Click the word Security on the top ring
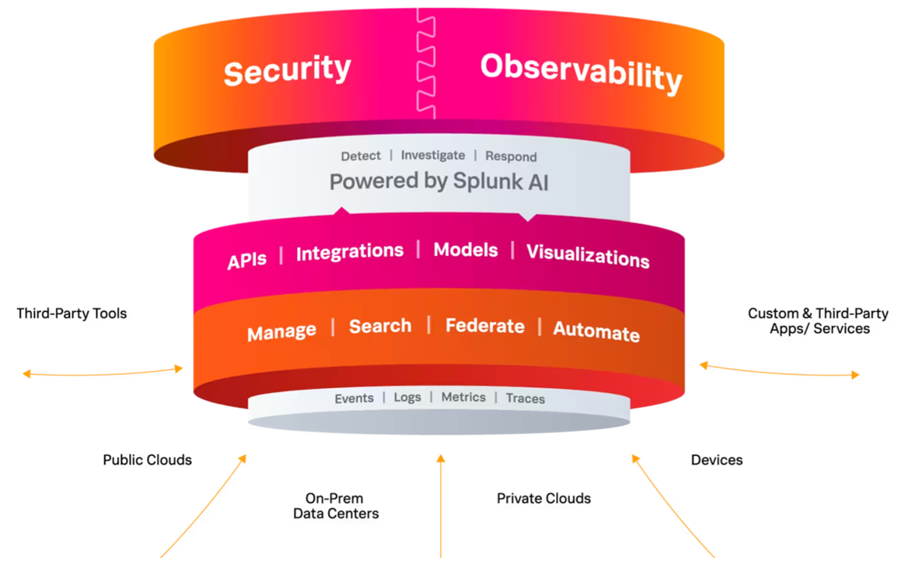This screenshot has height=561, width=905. (288, 71)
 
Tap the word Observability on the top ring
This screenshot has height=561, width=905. (582, 73)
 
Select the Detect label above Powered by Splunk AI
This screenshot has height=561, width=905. (361, 156)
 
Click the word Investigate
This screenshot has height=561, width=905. (433, 156)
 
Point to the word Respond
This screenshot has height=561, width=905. (511, 156)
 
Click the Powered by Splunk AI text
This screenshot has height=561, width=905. (439, 181)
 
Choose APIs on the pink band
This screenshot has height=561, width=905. (247, 261)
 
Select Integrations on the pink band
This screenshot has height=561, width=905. (350, 252)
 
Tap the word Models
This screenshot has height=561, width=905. (466, 251)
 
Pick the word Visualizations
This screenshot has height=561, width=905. (588, 256)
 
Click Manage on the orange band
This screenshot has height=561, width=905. (281, 331)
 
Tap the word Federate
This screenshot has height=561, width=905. (485, 326)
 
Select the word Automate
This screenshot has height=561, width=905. (596, 331)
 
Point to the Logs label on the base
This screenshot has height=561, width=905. (407, 398)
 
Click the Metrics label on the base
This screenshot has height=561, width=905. (463, 397)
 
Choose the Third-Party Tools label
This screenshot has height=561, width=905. (72, 314)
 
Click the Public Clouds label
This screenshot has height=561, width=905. (147, 460)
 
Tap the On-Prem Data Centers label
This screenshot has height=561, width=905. (336, 506)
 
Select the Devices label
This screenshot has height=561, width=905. (717, 460)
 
